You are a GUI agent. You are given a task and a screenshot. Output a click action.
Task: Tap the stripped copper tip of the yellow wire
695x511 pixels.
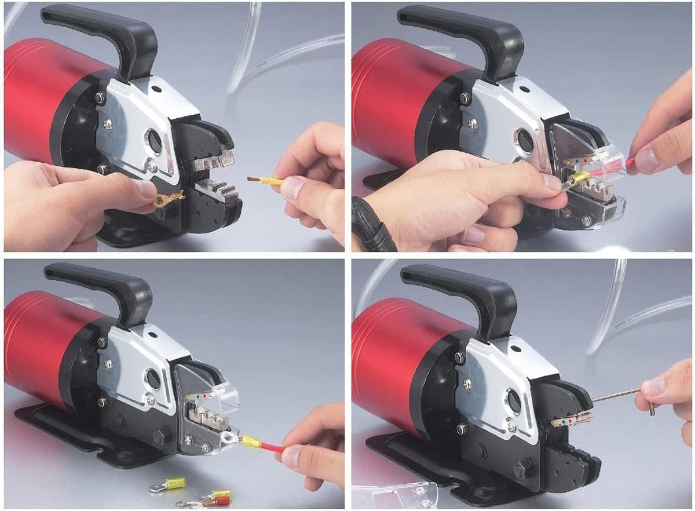[254, 179]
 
